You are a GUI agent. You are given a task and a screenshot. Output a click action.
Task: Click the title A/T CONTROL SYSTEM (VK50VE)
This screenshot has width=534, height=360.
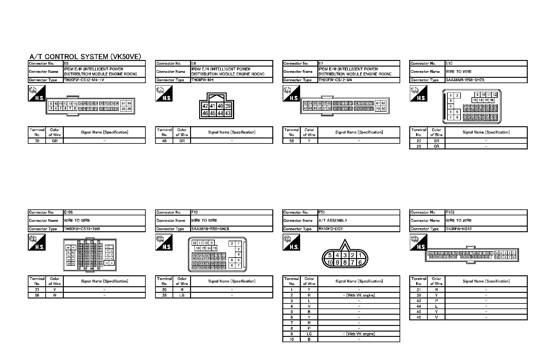85,57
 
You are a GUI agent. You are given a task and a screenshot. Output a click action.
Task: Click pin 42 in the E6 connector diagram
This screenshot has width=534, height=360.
205,106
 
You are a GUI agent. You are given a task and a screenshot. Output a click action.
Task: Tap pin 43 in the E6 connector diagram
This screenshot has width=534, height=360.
228,113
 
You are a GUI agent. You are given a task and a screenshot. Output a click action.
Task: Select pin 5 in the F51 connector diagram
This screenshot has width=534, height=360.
330,255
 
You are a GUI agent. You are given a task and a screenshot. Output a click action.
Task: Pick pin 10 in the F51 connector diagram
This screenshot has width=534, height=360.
330,263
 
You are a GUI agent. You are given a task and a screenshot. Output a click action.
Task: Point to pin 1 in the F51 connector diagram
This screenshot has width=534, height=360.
360,255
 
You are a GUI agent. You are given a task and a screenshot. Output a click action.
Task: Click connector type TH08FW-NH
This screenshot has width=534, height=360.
202,80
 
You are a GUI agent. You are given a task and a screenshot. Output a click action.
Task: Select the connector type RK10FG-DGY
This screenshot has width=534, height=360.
331,229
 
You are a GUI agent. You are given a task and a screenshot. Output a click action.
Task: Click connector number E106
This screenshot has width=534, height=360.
68,212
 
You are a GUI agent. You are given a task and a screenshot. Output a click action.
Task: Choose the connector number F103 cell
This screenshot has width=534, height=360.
450,212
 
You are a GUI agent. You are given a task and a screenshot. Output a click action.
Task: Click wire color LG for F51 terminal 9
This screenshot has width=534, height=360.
309,334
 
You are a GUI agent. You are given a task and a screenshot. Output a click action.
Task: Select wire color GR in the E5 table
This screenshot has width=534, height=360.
55,141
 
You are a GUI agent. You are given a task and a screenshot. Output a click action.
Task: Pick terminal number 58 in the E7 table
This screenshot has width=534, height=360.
291,141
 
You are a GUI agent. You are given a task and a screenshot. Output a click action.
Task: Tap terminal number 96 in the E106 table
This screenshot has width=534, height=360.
37,295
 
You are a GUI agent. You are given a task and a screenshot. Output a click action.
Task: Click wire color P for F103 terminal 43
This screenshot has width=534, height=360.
436,301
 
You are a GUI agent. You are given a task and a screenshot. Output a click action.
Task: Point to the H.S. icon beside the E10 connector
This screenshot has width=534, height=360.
418,93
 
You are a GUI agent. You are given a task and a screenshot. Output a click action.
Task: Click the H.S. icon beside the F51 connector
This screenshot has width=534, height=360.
291,242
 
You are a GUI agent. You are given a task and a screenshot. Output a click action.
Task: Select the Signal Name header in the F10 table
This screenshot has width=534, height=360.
232,281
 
